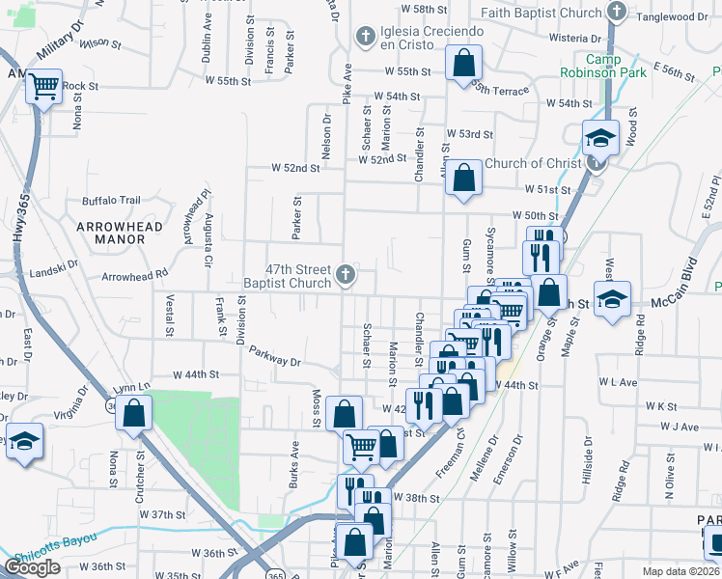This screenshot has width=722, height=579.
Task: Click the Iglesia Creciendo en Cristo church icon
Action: click(365, 38)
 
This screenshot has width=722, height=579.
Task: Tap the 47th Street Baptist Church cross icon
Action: click(343, 277)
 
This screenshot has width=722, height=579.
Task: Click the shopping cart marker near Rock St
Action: click(43, 87)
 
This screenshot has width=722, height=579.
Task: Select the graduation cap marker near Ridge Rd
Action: click(611, 298)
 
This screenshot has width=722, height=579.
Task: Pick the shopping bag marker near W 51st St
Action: click(464, 179)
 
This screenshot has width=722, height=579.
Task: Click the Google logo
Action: click(32, 567)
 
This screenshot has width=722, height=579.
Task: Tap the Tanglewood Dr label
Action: click(677, 15)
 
